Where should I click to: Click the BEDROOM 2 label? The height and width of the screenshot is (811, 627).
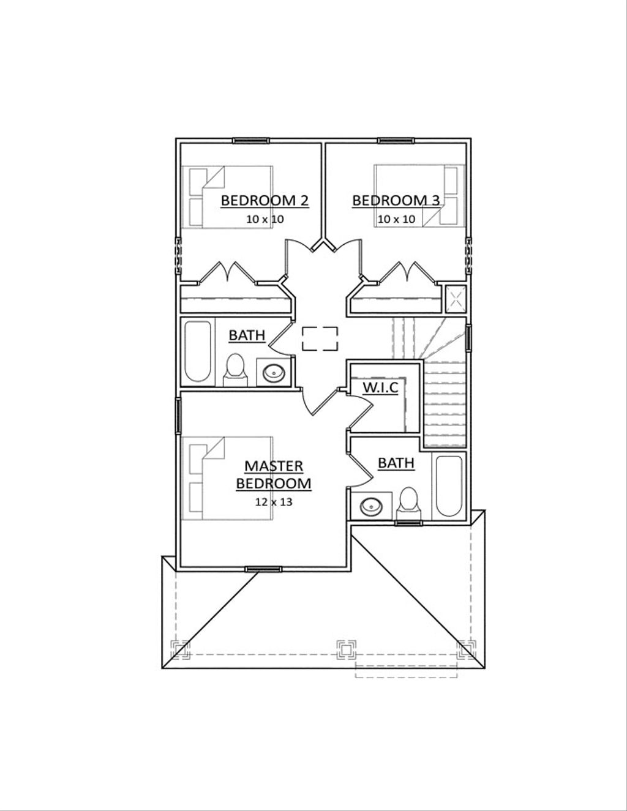[264, 200]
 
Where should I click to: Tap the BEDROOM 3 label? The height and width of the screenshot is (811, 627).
[396, 200]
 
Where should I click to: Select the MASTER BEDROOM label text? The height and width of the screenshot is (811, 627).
[274, 474]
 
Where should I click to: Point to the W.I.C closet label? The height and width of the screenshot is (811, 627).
[380, 387]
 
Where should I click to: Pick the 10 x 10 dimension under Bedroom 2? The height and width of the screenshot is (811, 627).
[265, 219]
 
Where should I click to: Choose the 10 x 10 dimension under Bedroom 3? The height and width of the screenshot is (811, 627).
[396, 219]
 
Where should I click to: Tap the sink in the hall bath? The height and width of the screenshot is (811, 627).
[273, 372]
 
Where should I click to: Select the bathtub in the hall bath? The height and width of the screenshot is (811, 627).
[197, 352]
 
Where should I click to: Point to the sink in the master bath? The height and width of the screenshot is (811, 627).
[371, 506]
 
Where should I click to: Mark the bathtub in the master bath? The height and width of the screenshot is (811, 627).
[449, 487]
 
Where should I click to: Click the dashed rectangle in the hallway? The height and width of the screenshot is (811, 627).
[320, 338]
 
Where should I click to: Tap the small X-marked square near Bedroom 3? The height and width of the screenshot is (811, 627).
[454, 299]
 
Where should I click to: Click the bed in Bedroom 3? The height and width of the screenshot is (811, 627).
[419, 195]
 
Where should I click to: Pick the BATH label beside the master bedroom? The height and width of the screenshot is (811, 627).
[396, 463]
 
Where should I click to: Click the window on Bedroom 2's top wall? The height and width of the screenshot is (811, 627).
[250, 141]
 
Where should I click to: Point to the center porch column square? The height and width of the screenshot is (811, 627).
[346, 649]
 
